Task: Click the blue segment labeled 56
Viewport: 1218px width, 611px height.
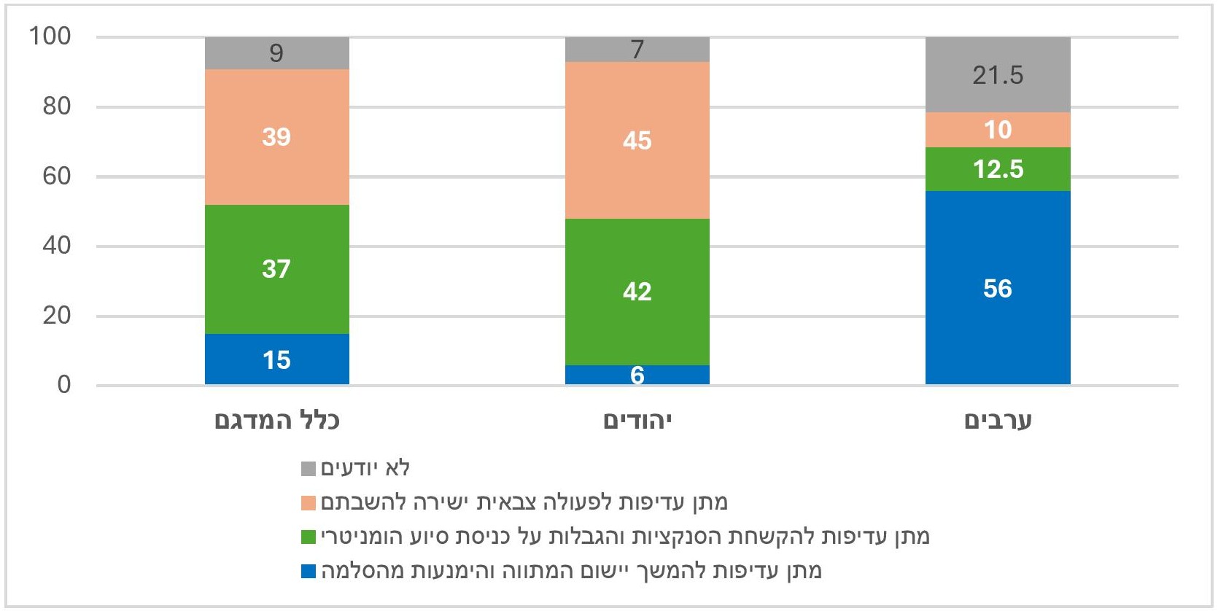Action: (997, 288)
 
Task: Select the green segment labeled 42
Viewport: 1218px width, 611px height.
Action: (637, 292)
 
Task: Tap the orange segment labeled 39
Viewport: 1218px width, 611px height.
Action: (276, 137)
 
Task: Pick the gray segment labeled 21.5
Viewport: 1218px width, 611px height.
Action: (997, 75)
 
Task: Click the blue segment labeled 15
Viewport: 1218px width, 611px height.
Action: (276, 359)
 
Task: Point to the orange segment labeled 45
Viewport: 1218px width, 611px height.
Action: (637, 140)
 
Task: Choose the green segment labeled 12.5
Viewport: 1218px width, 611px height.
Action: (997, 169)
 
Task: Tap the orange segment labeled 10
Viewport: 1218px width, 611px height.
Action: (997, 130)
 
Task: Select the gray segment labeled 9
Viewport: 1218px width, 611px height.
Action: (276, 53)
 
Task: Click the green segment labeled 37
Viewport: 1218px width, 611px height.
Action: (276, 269)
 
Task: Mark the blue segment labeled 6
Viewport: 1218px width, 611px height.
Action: (637, 375)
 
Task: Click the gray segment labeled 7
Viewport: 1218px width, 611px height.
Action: (637, 50)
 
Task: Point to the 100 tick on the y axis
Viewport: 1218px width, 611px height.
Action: (50, 36)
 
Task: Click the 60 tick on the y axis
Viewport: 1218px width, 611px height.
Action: (56, 176)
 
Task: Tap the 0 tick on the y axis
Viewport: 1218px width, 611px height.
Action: (64, 385)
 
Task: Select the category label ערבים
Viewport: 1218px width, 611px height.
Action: (997, 421)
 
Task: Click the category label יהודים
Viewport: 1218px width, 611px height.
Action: (637, 421)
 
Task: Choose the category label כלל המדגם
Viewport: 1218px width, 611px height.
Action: (276, 421)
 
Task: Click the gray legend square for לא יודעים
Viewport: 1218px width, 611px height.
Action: (309, 469)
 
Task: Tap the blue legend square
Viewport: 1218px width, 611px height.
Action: (309, 571)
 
